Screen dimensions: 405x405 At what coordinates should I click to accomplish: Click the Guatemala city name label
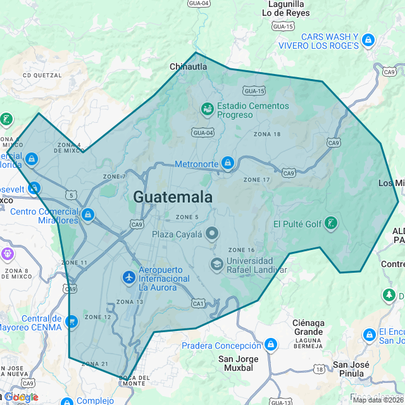[x=173, y=197]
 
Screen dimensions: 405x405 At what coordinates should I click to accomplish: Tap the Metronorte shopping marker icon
[x=228, y=164]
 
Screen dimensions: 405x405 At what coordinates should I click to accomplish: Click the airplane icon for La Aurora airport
[x=129, y=277]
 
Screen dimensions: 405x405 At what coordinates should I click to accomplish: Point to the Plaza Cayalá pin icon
[x=212, y=234]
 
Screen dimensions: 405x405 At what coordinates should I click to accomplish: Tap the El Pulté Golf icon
[x=330, y=223]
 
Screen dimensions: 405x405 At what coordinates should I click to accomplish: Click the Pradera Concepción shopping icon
[x=271, y=345]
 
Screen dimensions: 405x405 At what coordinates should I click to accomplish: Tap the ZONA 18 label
[x=267, y=134]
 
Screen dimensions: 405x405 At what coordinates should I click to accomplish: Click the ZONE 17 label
[x=257, y=180]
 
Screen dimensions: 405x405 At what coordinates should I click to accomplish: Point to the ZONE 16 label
[x=241, y=250]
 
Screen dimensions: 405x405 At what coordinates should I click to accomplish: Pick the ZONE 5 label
[x=188, y=218]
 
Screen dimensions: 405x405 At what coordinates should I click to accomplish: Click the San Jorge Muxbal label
[x=238, y=363]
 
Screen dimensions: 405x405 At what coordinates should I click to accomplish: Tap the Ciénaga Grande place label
[x=308, y=327]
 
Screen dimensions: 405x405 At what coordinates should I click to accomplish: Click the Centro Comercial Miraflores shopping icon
[x=88, y=215]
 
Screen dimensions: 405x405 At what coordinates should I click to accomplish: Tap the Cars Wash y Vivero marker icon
[x=369, y=41]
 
